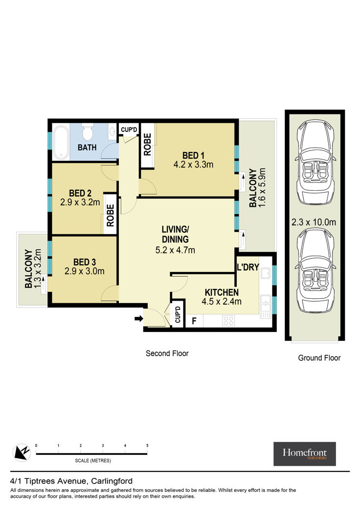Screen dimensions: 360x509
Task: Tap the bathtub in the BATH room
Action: coord(61,142)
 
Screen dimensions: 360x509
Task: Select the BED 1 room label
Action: coord(193,155)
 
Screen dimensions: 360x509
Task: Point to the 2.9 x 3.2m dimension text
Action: coord(80,202)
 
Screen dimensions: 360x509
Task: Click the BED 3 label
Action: coord(85,262)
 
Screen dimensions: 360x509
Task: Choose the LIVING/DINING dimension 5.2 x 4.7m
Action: coord(175,250)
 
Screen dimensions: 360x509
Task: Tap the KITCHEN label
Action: coord(222,292)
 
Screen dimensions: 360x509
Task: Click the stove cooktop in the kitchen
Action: coord(228,321)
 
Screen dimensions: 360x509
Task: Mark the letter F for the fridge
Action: coord(194,321)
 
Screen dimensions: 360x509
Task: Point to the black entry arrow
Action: coord(139,319)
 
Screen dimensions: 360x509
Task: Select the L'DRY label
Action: coord(248,267)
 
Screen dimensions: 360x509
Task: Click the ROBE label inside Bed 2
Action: coord(111,215)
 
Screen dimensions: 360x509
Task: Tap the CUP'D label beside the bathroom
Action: coord(129,130)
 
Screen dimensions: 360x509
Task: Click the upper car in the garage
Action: coord(315,162)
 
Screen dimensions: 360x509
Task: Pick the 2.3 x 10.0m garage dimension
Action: coord(314,222)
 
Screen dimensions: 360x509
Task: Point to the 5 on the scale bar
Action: coord(147,446)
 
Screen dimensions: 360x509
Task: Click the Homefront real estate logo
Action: coord(305,454)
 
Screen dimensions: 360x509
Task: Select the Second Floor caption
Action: coord(167,354)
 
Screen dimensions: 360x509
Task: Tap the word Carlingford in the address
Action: coord(112,481)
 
